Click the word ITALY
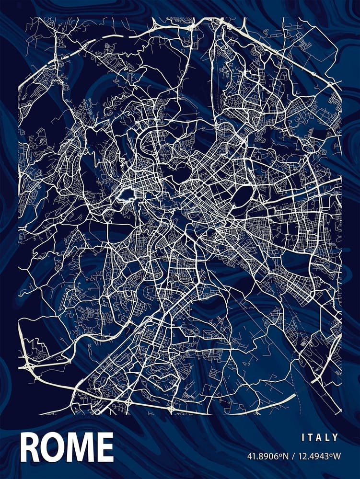(x=320, y=437)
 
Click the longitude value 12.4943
(x=313, y=456)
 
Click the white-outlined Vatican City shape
(x=126, y=195)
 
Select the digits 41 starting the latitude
(x=251, y=456)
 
